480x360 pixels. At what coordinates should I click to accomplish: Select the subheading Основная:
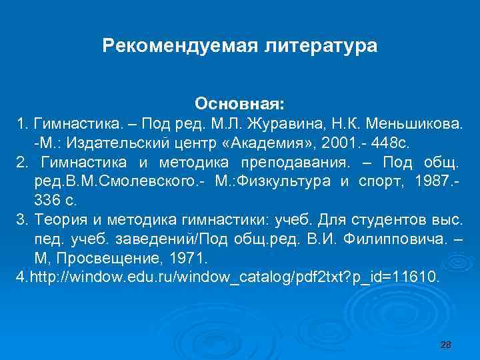click(239, 105)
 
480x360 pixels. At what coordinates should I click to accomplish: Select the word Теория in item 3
click(56, 220)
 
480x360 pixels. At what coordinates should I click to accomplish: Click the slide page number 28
click(446, 344)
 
